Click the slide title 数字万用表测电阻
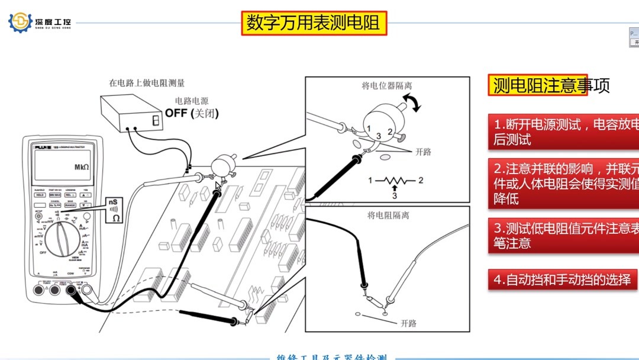314,24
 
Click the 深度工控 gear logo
20,22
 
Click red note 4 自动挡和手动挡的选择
562,279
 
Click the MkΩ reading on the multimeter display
81,167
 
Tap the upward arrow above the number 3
395,188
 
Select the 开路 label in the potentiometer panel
424,152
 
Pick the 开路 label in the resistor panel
409,323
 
